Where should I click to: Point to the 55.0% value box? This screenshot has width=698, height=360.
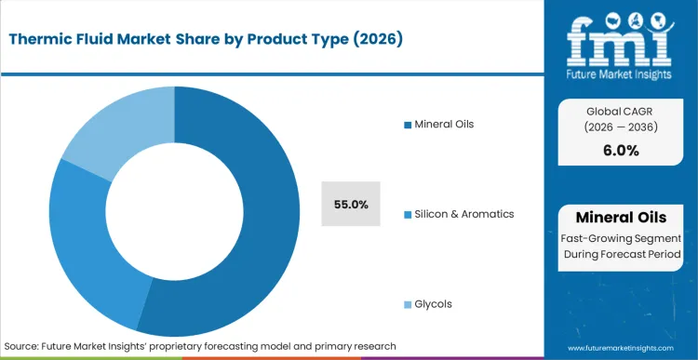coord(352,204)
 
